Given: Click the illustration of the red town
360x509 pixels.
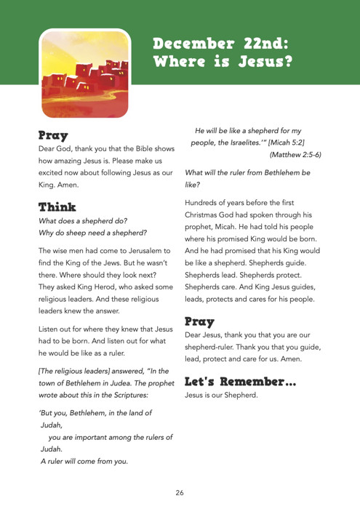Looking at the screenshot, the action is point(84,73).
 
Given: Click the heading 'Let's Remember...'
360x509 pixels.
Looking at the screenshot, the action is point(241,381).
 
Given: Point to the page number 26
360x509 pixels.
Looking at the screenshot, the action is point(180,492).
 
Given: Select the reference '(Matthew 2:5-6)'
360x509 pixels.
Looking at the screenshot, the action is point(295,155).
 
